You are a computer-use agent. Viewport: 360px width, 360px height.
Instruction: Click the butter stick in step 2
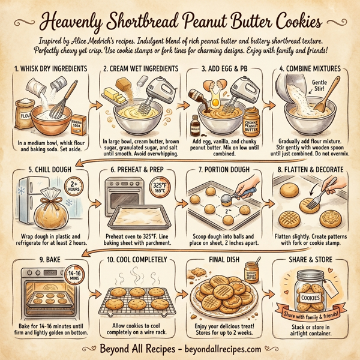[124, 94]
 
